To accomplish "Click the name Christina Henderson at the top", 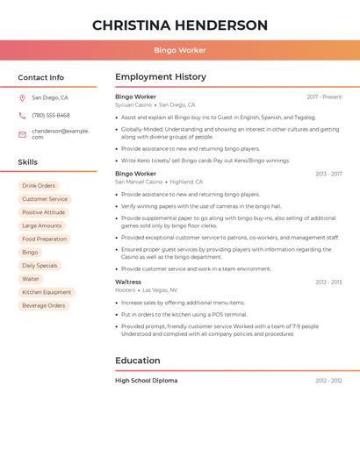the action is coord(180,25).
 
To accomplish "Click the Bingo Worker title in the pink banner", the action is coord(180,51).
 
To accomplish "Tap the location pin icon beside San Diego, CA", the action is coord(22,98).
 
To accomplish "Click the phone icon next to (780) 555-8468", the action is coord(22,116).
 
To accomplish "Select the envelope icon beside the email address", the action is coord(22,134).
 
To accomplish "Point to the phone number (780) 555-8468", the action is coord(51,116).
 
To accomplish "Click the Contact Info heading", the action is coord(40,77).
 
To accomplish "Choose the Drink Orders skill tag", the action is coord(39,186).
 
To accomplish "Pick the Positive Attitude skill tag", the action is coord(43,212).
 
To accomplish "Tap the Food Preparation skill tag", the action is coord(44,239).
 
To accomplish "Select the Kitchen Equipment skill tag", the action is coord(47,292).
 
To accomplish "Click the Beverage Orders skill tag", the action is coord(44,305).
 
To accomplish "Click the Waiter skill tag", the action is coord(31,279).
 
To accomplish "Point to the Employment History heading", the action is coord(161,77).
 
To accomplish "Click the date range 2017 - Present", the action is coord(324,97).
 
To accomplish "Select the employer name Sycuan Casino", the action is coord(133,104).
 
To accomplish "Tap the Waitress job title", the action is coord(128,283).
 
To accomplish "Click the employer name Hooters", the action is coord(126,290).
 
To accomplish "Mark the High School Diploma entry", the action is coord(146,381).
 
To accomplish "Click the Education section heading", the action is coord(138,361).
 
